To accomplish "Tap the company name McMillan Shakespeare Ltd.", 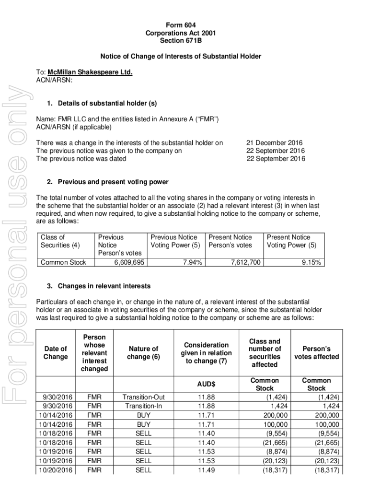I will click(90, 72).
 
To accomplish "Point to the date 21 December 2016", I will click(274, 143).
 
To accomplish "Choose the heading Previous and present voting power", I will click(113, 182).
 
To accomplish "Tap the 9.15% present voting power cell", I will click(312, 262).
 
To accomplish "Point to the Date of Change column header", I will click(56, 352).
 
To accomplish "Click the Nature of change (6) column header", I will click(143, 352).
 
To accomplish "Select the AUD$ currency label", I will click(206, 385).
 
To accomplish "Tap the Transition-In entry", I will click(143, 406).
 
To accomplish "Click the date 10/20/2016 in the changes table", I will click(57, 470).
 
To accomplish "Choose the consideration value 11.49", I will click(206, 470).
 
